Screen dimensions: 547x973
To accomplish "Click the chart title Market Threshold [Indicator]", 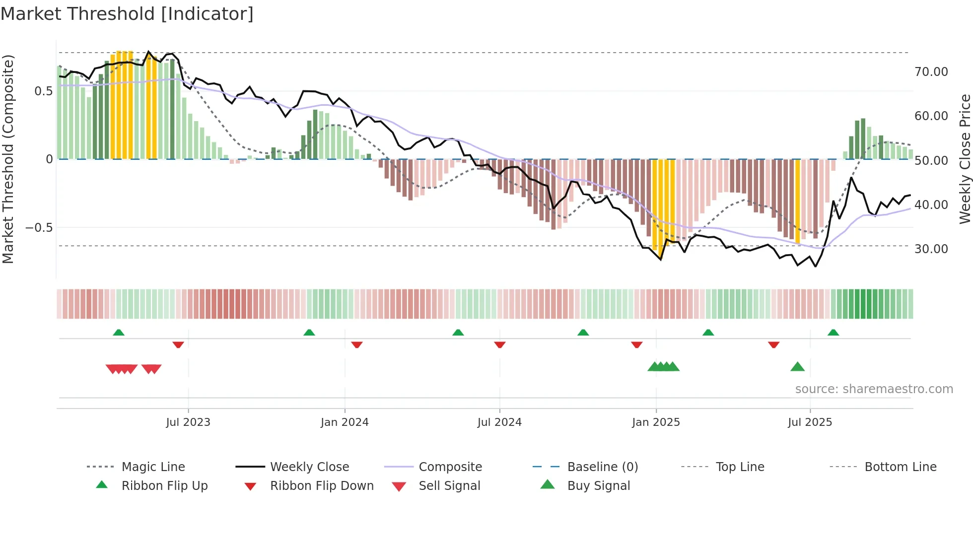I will click(127, 14).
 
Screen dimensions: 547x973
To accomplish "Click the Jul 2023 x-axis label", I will click(188, 422).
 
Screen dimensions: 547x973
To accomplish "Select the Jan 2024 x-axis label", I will click(345, 422).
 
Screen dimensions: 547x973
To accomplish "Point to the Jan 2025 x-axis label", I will click(656, 422).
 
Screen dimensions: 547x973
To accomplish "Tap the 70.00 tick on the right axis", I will click(931, 72).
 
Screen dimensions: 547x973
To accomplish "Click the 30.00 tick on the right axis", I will click(931, 249).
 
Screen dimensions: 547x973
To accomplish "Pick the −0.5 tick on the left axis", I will click(39, 228).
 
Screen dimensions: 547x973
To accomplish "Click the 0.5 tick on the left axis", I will click(43, 91).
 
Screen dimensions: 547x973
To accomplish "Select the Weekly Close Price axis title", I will click(965, 159).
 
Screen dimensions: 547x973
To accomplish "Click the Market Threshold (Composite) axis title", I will click(8, 159).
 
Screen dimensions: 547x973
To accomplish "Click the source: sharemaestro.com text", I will click(874, 389).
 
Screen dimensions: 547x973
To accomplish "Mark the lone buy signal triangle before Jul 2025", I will click(797, 367).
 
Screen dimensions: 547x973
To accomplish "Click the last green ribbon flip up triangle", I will click(833, 333).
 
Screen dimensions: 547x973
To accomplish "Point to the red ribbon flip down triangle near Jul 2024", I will click(500, 344).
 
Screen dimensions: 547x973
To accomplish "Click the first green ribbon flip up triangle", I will click(119, 333).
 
